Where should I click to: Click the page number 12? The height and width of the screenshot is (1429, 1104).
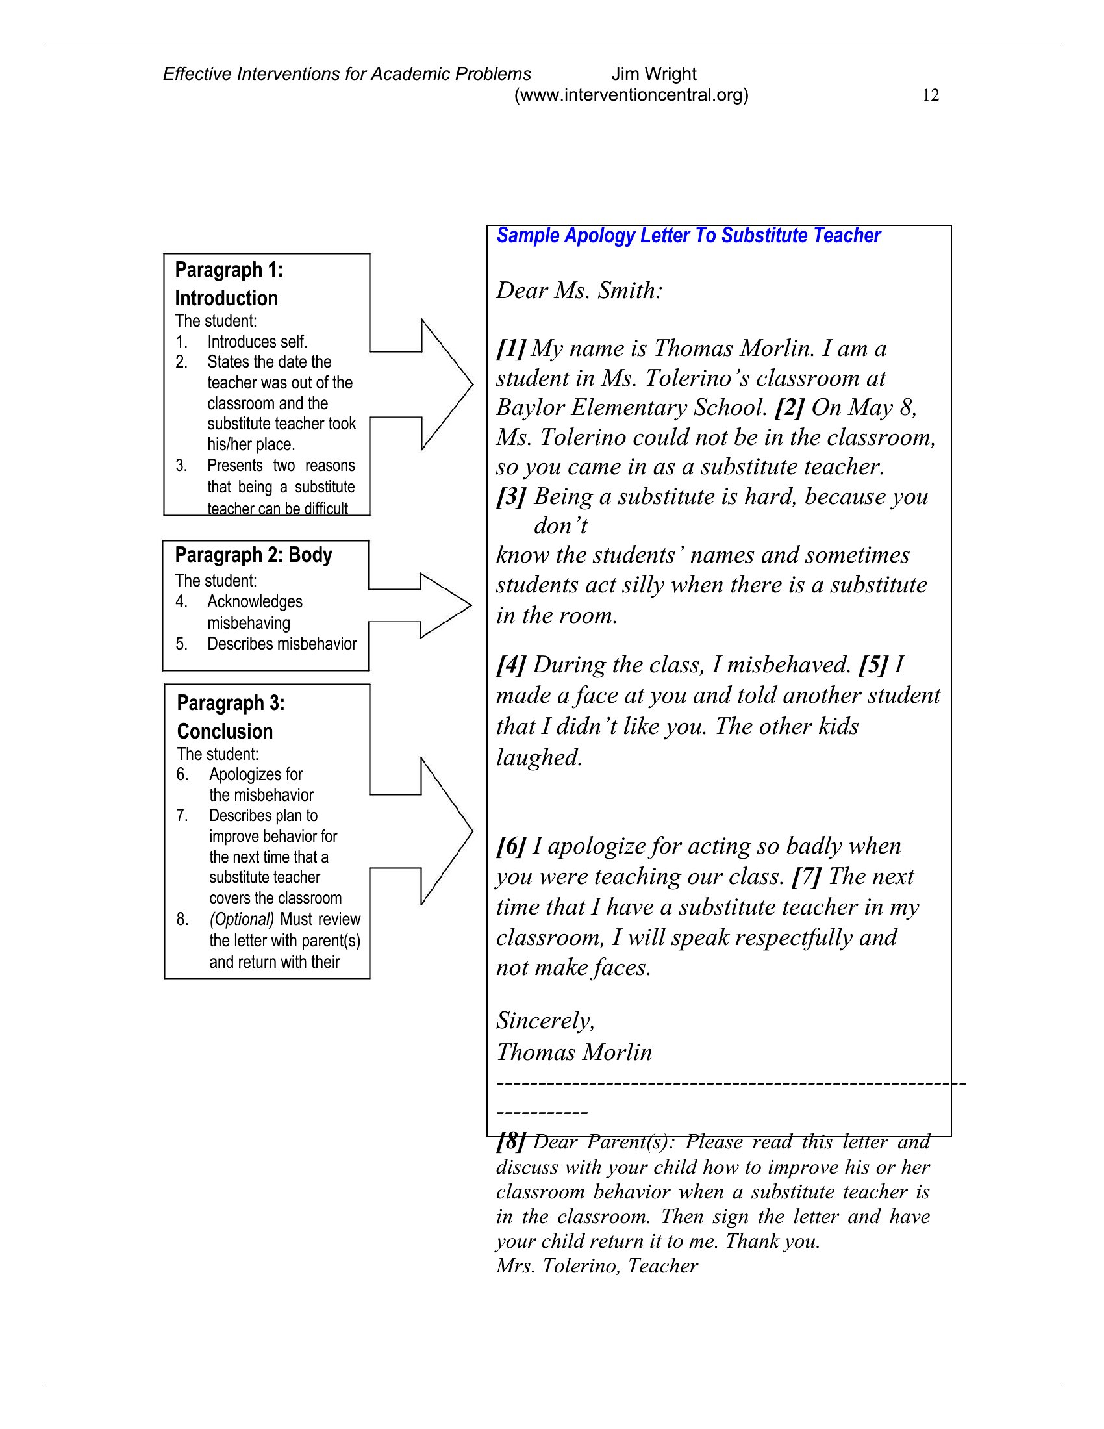[930, 95]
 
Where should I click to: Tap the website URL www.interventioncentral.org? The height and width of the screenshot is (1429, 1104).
[631, 95]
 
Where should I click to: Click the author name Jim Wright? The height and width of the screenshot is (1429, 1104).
[653, 74]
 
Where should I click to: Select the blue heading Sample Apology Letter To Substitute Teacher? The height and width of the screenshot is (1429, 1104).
[688, 236]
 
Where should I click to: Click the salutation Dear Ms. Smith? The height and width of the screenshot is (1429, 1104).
[579, 290]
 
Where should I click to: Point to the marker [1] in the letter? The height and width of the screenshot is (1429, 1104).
[511, 348]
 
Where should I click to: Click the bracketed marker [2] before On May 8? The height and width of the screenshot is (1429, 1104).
[790, 408]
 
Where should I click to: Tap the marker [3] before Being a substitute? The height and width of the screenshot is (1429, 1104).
[511, 497]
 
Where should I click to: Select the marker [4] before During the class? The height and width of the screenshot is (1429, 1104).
[511, 664]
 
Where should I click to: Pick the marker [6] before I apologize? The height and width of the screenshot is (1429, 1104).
[511, 846]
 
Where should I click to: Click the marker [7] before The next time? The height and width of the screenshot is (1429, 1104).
[807, 877]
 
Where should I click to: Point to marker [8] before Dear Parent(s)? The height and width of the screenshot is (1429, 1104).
[511, 1142]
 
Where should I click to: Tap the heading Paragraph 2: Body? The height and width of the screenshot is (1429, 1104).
[253, 555]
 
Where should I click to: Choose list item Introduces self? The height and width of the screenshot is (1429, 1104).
[257, 342]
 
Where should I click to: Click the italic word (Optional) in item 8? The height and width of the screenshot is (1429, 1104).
[242, 919]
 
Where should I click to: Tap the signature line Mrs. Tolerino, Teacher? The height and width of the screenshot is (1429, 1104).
[596, 1266]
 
